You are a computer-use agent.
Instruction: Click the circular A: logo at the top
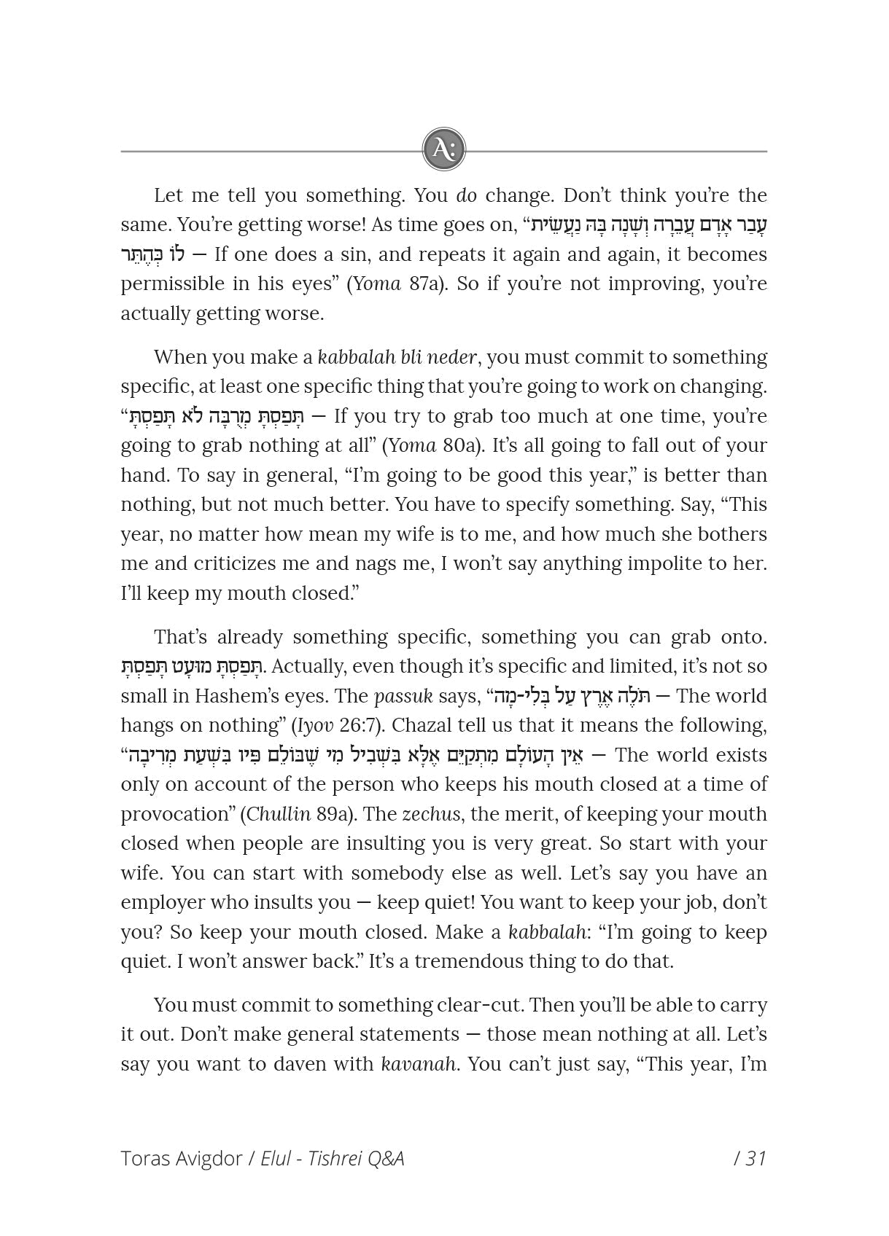pyautogui.click(x=443, y=150)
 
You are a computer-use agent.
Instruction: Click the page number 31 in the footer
pyautogui.click(x=756, y=1159)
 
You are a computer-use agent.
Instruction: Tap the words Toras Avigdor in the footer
pyautogui.click(x=180, y=1159)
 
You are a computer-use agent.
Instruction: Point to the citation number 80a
pyautogui.click(x=460, y=445)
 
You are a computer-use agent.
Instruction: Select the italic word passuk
pyautogui.click(x=403, y=696)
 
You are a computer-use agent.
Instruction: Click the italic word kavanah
pyautogui.click(x=419, y=1064)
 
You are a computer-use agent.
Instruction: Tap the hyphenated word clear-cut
pyautogui.click(x=479, y=1005)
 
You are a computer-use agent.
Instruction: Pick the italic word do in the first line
pyautogui.click(x=466, y=195)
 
